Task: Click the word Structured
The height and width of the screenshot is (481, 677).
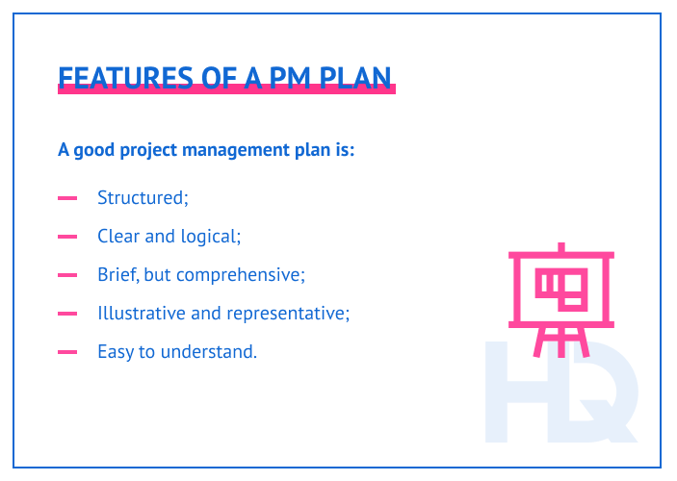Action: (143, 197)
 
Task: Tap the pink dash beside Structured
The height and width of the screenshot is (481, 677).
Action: (67, 198)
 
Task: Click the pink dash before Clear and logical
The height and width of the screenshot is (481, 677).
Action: (67, 237)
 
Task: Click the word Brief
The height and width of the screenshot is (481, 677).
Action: (117, 274)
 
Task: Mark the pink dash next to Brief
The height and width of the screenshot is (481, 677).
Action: (67, 275)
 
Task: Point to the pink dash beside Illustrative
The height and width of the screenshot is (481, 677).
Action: (67, 314)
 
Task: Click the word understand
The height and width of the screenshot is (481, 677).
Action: (214, 351)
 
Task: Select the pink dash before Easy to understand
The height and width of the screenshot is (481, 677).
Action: (67, 352)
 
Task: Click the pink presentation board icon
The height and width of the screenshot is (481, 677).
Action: (560, 292)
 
